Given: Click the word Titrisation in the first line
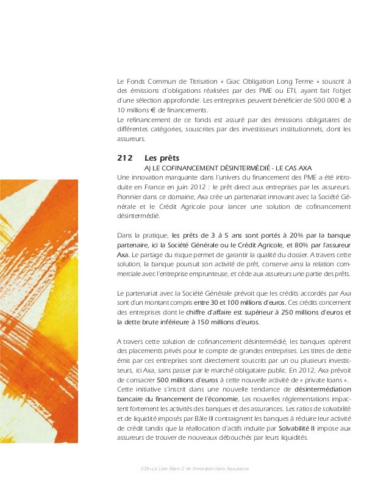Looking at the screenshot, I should (190, 81).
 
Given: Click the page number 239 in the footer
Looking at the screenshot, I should (144, 468).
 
